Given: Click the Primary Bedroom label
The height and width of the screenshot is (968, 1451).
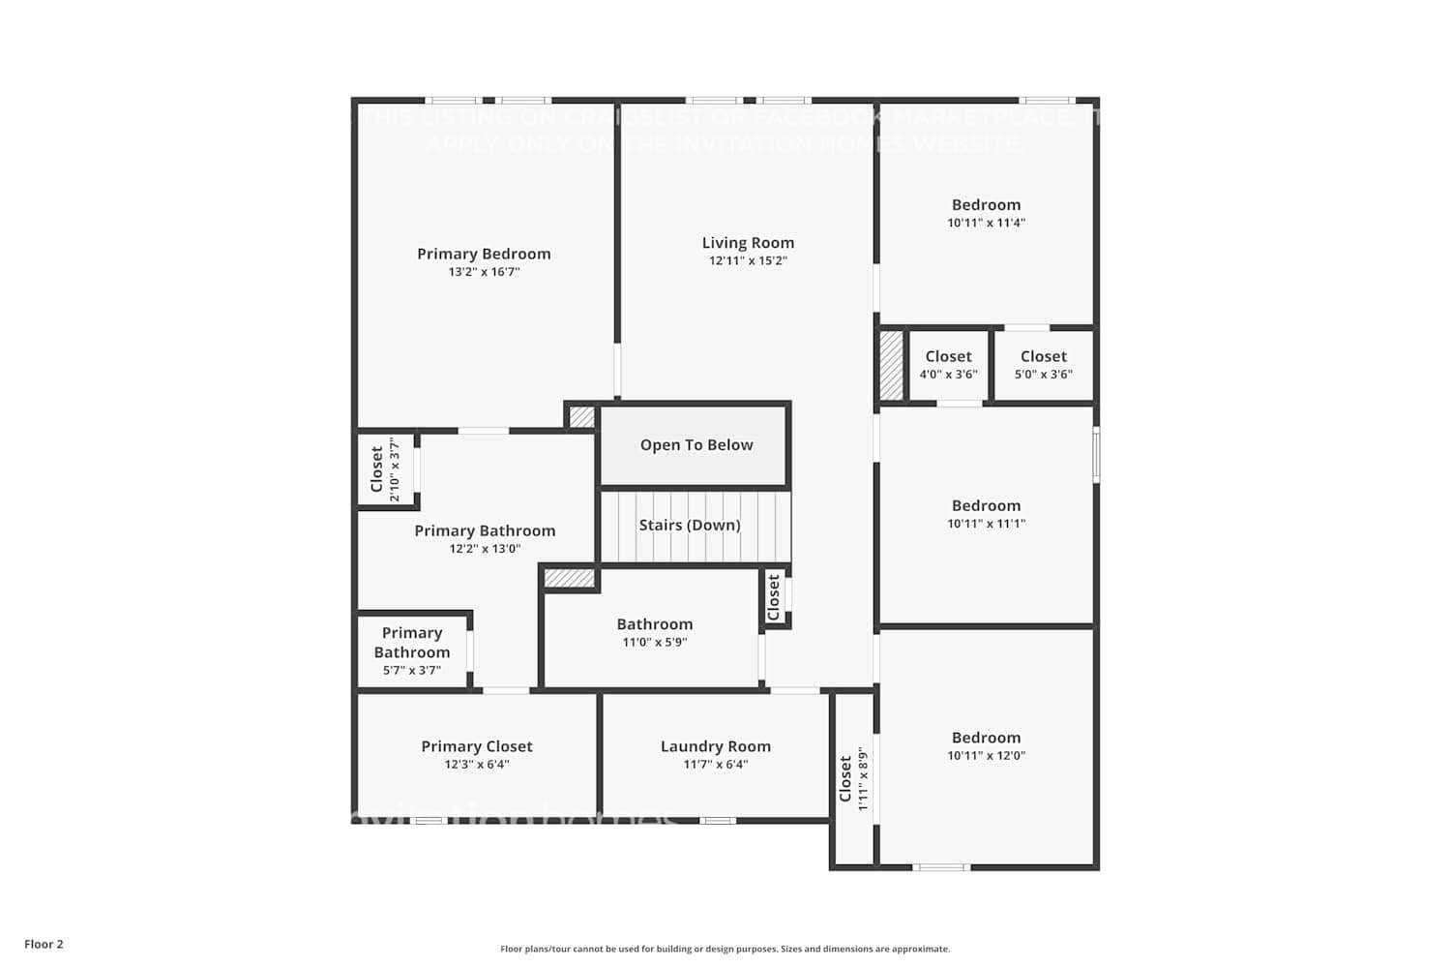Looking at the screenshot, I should [484, 254].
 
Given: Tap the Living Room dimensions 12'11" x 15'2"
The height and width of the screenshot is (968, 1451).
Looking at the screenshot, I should [748, 260].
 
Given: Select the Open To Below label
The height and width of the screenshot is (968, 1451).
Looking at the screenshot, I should [696, 445].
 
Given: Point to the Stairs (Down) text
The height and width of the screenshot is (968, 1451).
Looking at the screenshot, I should [690, 526].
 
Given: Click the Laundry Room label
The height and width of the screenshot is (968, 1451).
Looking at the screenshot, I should [716, 746].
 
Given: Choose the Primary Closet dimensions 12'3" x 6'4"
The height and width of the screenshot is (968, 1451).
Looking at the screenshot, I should [477, 765].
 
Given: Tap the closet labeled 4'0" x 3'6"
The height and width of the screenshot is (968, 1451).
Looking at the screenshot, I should [948, 365].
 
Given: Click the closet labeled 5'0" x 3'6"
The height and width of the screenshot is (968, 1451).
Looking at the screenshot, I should [1043, 365].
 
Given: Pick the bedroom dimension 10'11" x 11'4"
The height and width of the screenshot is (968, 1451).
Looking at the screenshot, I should [986, 223].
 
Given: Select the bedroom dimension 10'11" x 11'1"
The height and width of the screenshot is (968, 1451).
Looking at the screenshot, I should [986, 524].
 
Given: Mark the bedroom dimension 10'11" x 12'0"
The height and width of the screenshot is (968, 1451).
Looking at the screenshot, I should [986, 756].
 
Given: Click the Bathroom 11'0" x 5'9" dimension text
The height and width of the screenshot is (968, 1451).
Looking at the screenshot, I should [655, 643].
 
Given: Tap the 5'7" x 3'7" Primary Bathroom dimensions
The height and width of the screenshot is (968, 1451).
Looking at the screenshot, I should [412, 671].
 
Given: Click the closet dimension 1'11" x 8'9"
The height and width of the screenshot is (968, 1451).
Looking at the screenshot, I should [863, 778].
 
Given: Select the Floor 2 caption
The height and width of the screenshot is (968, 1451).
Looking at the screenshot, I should [44, 945].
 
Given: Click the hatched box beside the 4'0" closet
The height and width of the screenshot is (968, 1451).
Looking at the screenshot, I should [891, 366].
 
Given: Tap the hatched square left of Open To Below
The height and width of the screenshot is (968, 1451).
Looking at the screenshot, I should [581, 417].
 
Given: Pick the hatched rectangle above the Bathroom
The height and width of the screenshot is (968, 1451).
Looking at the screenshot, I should [569, 579].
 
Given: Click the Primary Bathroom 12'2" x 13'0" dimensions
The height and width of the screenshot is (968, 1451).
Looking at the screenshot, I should [485, 549].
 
